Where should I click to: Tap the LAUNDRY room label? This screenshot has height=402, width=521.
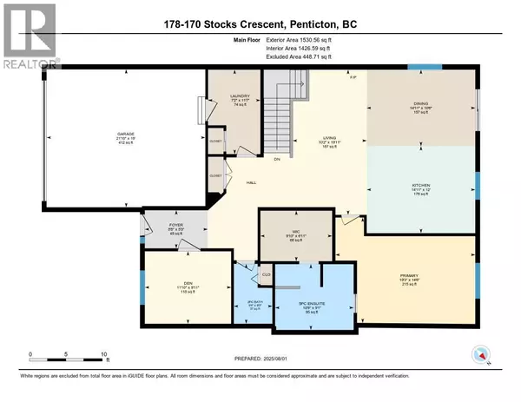click(x=241, y=96)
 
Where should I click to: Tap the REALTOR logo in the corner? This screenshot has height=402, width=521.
click(x=30, y=34)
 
